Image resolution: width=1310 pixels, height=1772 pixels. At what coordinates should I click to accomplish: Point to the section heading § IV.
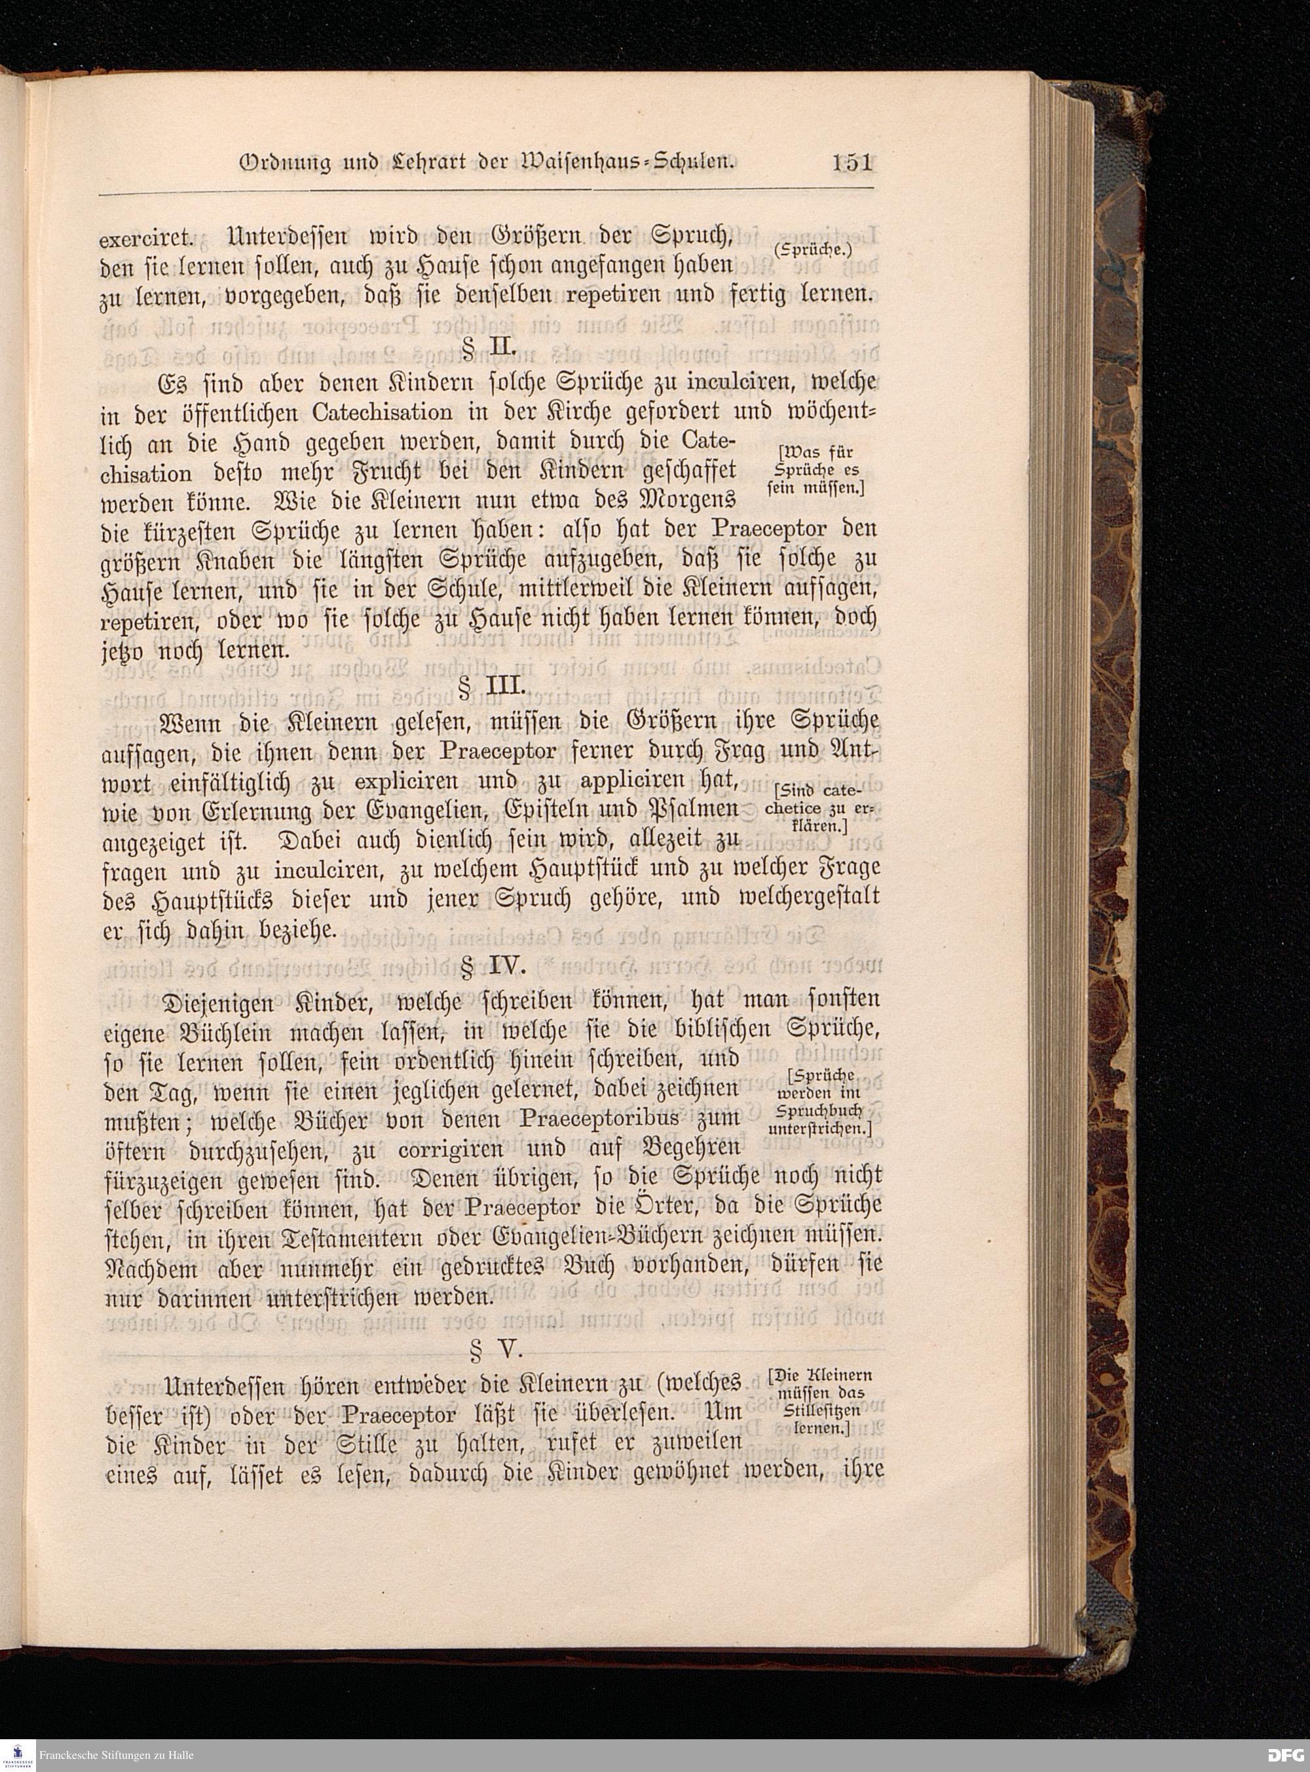pyautogui.click(x=493, y=966)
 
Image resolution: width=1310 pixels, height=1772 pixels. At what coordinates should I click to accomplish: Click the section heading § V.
pyautogui.click(x=493, y=1349)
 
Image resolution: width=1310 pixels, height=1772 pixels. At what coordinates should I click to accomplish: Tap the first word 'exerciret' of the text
pyautogui.click(x=147, y=238)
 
